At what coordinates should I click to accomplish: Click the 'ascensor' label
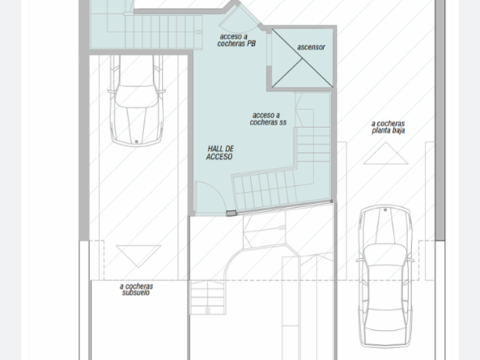pyautogui.click(x=310, y=47)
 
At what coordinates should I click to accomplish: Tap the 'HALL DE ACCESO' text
pyautogui.click(x=220, y=153)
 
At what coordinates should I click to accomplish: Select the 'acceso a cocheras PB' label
pyautogui.click(x=236, y=40)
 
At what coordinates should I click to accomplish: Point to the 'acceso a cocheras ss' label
pyautogui.click(x=268, y=118)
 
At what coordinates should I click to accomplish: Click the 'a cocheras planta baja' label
pyautogui.click(x=388, y=127)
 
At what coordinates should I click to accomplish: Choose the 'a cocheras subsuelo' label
pyautogui.click(x=136, y=289)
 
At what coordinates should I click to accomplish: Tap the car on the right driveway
pyautogui.click(x=385, y=277)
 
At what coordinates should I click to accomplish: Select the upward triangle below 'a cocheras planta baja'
pyautogui.click(x=385, y=153)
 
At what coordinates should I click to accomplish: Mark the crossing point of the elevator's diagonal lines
pyautogui.click(x=302, y=58)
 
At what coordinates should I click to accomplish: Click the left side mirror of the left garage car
pyautogui.click(x=111, y=91)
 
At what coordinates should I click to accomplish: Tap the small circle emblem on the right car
pyautogui.click(x=385, y=210)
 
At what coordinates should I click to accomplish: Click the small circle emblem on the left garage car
pyautogui.click(x=136, y=142)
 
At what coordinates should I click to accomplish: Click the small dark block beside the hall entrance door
pyautogui.click(x=231, y=213)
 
